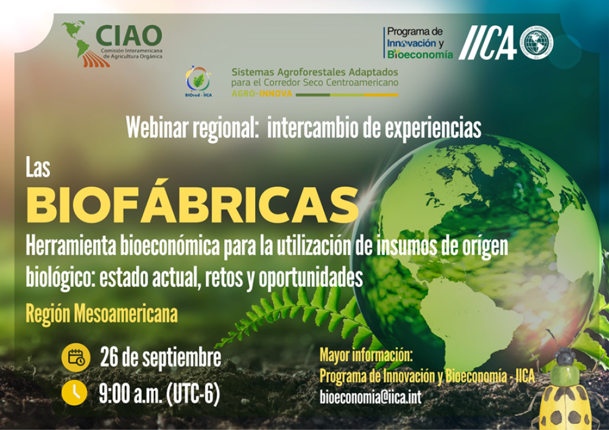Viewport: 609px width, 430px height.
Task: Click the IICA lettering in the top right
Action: tap(487, 43)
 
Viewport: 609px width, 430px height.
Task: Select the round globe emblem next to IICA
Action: tap(537, 43)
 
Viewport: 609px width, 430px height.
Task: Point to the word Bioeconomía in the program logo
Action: tap(421, 54)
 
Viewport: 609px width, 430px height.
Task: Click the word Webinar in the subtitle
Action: tap(157, 127)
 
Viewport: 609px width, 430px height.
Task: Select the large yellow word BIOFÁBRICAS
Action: tap(191, 204)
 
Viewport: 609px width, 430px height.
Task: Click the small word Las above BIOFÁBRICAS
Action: tap(37, 168)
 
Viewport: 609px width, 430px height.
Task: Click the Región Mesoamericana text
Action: tap(101, 314)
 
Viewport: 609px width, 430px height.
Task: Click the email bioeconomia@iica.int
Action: tap(370, 397)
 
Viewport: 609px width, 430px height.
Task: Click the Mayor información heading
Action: tap(366, 355)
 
